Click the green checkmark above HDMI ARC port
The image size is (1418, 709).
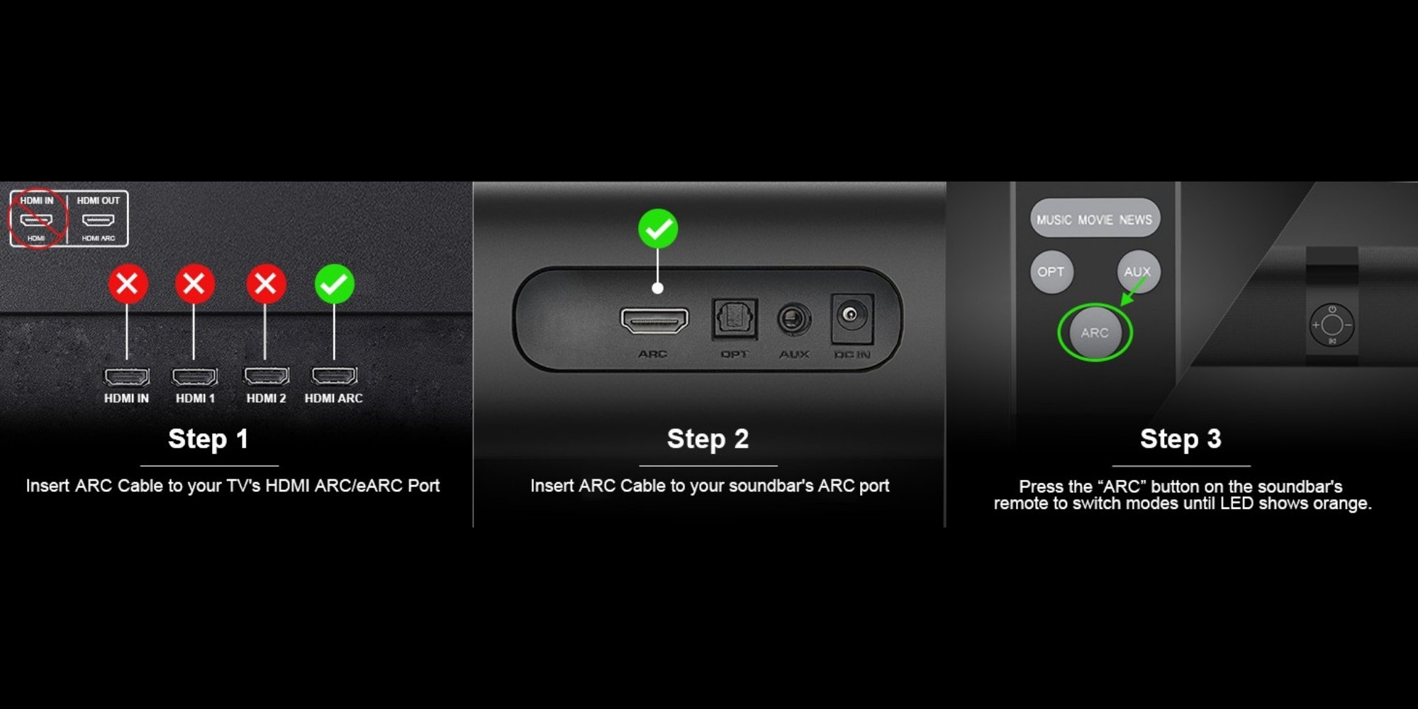coord(334,284)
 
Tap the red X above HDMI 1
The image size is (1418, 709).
coord(194,284)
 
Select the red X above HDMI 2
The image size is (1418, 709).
coord(266,284)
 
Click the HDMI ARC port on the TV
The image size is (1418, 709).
coord(335,375)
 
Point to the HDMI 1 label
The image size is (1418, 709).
coord(195,398)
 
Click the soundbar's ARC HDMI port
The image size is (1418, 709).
coord(654,320)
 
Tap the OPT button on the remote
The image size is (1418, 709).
coord(1051,272)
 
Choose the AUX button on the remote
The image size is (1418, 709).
coord(1138,272)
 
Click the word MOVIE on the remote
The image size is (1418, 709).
coord(1095,220)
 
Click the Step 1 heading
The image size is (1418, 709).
coord(208,439)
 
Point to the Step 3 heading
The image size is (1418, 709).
coord(1180,439)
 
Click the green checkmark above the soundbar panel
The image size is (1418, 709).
coord(658,229)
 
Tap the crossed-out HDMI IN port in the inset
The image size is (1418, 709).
coord(36,220)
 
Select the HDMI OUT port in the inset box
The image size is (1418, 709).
coord(99,220)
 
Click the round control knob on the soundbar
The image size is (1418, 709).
coord(1332,325)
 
